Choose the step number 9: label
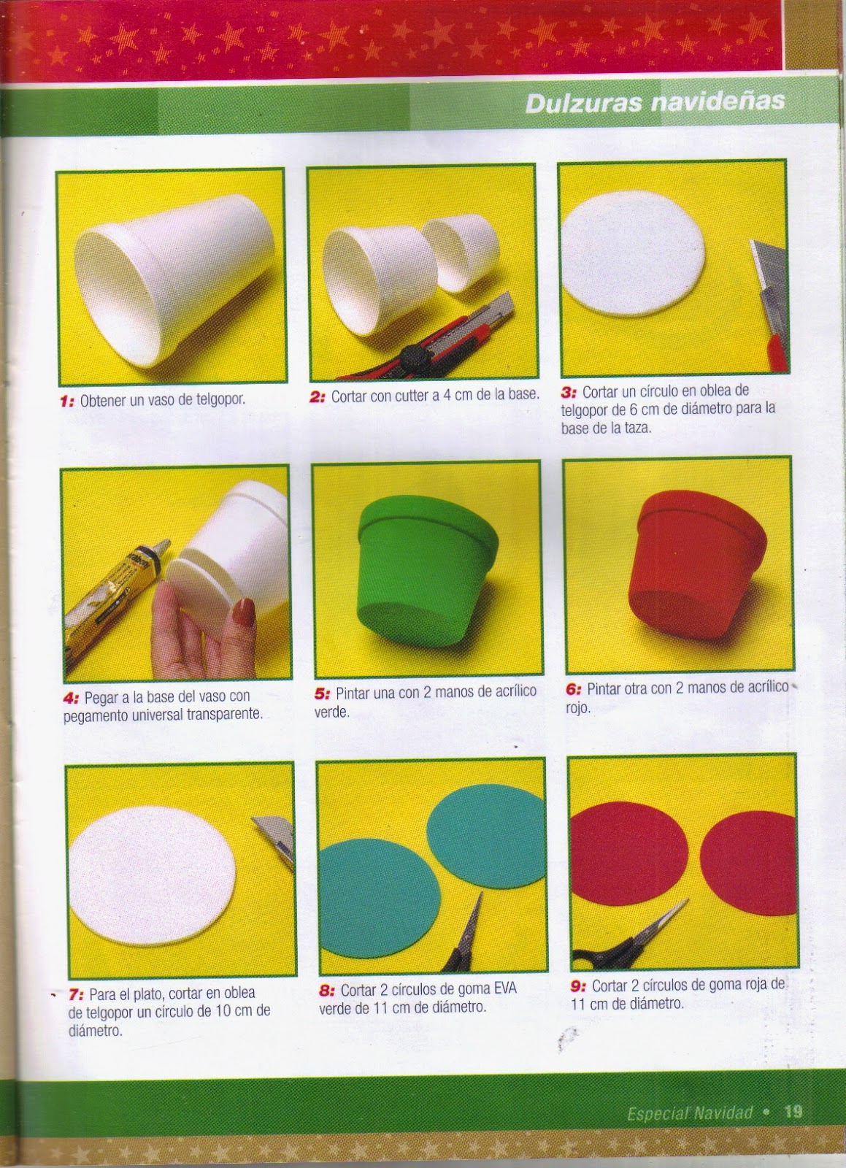578,985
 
